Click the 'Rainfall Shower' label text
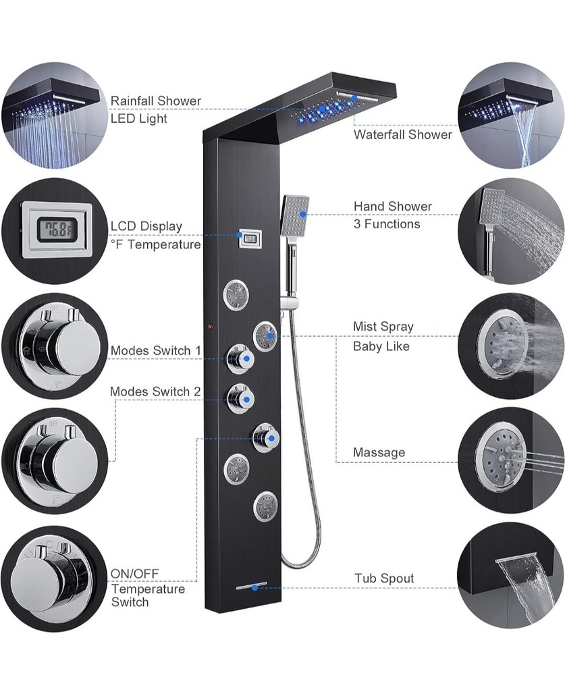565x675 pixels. [156, 101]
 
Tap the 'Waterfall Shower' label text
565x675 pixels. [403, 135]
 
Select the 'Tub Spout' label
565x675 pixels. [384, 578]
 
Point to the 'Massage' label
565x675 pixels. [379, 452]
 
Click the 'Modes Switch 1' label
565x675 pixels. [156, 351]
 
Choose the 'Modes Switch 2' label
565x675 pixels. [155, 391]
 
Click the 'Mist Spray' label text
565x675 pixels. [383, 327]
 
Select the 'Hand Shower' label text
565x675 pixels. [393, 207]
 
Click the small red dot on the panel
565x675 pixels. [211, 328]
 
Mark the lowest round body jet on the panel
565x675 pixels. [265, 505]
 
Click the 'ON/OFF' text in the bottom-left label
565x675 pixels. [135, 574]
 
